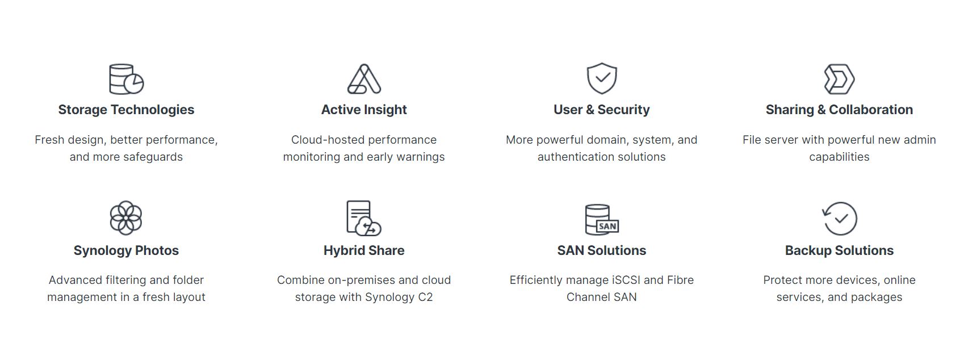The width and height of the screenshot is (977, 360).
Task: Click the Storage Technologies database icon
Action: coord(126,79)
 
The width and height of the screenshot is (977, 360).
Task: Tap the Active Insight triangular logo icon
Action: coord(364,79)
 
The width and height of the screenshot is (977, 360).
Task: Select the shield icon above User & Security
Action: coord(602,78)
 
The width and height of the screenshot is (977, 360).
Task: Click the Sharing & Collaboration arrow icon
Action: coord(839,79)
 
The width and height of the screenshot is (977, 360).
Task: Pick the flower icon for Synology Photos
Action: coord(125,217)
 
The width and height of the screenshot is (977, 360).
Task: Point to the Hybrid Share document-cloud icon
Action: coord(364,218)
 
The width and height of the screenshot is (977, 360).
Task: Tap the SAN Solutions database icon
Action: coord(602,220)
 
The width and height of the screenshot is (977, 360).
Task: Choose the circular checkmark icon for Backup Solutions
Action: coord(840,219)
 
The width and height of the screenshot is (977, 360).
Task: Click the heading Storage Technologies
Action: coord(126,110)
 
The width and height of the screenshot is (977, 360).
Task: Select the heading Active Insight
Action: coord(364,110)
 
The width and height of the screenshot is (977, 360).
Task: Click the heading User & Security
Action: coord(602,110)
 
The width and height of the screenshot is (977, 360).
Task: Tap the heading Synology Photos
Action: coord(126,250)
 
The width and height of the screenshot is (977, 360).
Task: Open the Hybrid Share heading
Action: coord(364,250)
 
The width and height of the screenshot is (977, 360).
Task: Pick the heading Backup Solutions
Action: coord(839,250)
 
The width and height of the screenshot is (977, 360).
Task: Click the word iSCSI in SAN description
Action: coord(621,280)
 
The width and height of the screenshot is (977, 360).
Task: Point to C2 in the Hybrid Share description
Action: coord(425,297)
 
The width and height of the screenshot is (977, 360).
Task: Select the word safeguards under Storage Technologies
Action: coord(153,157)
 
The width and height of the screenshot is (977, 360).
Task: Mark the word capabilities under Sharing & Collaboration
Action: coord(839,157)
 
